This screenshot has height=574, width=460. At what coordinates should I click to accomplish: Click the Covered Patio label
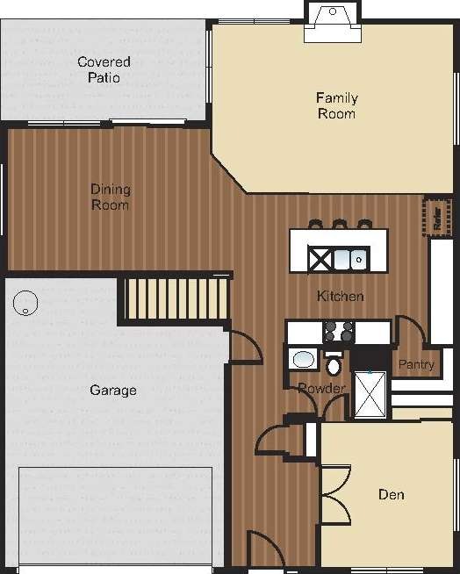pos(104,69)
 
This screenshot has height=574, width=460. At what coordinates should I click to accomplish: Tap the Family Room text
pos(337,105)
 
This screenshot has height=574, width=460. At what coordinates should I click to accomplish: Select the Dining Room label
pos(111,197)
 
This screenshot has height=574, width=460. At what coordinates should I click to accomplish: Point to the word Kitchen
pos(341,297)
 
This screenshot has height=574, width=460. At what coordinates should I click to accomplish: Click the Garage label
pos(113,390)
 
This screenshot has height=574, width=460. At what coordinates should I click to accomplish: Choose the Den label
pos(391,495)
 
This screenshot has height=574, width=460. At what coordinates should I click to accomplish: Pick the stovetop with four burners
pos(340,332)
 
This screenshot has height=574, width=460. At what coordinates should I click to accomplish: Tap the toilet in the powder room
pos(334,363)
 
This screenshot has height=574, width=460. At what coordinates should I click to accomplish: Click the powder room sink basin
pos(304,358)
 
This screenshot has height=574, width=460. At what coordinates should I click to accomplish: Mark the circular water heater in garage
pos(26,303)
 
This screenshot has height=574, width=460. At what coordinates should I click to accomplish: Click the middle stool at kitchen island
pos(340,225)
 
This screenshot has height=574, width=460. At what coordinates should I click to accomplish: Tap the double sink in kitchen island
pos(349,259)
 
